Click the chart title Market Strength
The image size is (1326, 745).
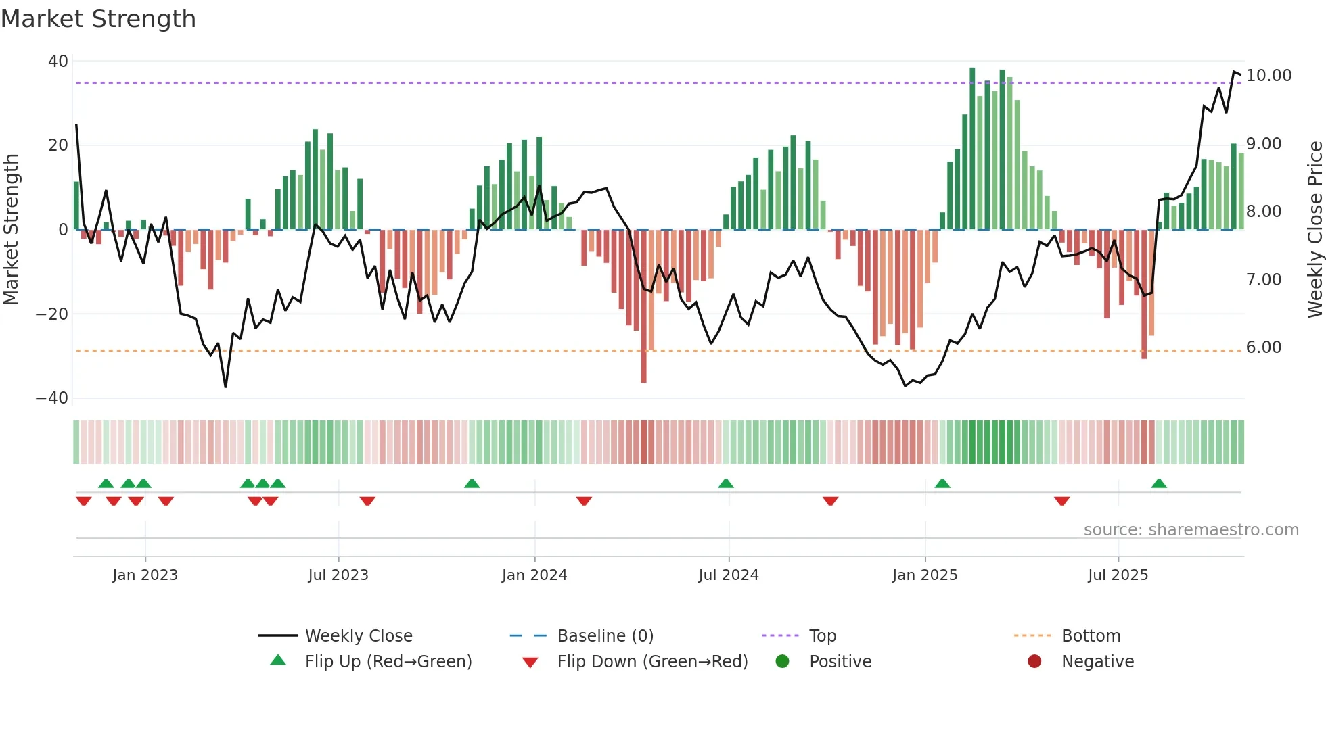98,19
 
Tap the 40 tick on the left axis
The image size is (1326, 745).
58,62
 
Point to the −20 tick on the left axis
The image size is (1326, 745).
52,314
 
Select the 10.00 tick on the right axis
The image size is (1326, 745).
1268,76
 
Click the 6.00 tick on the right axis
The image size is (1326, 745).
1263,347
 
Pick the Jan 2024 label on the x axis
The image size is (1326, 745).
534,575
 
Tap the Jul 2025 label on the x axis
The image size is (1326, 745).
1118,575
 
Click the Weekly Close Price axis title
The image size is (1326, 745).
1314,230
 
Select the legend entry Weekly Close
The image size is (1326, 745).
358,636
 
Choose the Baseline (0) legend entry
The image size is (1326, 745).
605,636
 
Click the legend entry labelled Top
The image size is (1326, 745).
822,636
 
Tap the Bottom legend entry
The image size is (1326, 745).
1091,636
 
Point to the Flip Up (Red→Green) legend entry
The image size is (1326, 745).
388,662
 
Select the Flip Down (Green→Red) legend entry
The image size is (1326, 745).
652,662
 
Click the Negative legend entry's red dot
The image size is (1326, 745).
1034,662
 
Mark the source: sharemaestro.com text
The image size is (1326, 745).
1191,530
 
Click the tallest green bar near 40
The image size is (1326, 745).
972,149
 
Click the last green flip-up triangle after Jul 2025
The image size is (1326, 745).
1159,484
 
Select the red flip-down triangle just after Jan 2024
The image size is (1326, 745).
584,501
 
